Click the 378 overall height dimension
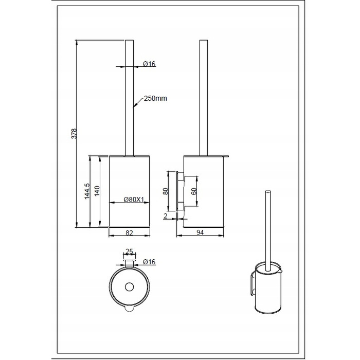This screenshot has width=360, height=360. [74, 133]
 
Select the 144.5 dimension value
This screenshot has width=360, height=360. [87, 191]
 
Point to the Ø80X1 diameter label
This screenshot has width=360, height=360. [134, 200]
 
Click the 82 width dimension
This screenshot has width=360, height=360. [129, 233]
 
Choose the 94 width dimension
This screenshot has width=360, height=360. [200, 232]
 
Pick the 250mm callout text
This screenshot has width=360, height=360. [155, 99]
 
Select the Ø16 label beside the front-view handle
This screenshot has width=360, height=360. [149, 64]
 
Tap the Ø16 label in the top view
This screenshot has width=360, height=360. [149, 261]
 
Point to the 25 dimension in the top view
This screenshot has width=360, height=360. [129, 251]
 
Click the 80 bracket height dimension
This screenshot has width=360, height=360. [166, 191]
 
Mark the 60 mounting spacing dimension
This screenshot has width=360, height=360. [194, 191]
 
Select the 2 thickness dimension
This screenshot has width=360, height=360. [165, 216]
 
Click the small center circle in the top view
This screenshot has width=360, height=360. [129, 287]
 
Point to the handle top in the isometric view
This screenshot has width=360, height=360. [267, 191]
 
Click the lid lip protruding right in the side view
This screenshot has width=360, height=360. [226, 156]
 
